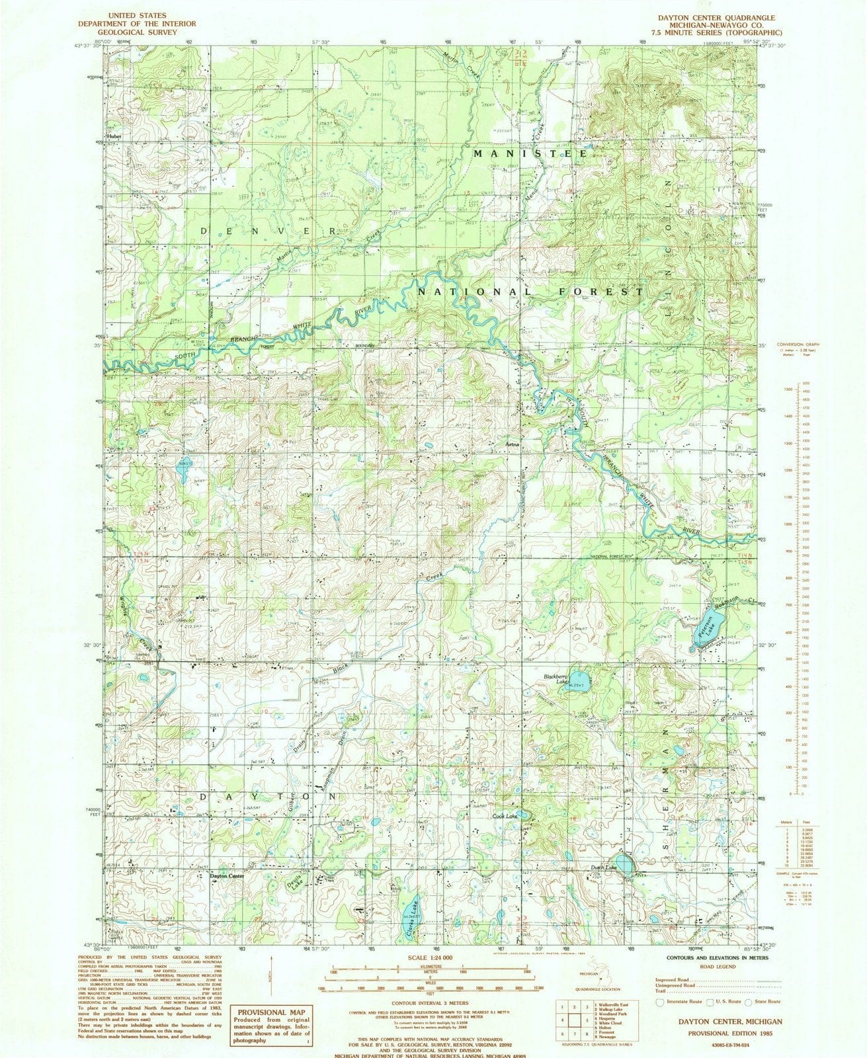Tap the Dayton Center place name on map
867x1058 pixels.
227,876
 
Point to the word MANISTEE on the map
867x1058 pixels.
529,153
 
